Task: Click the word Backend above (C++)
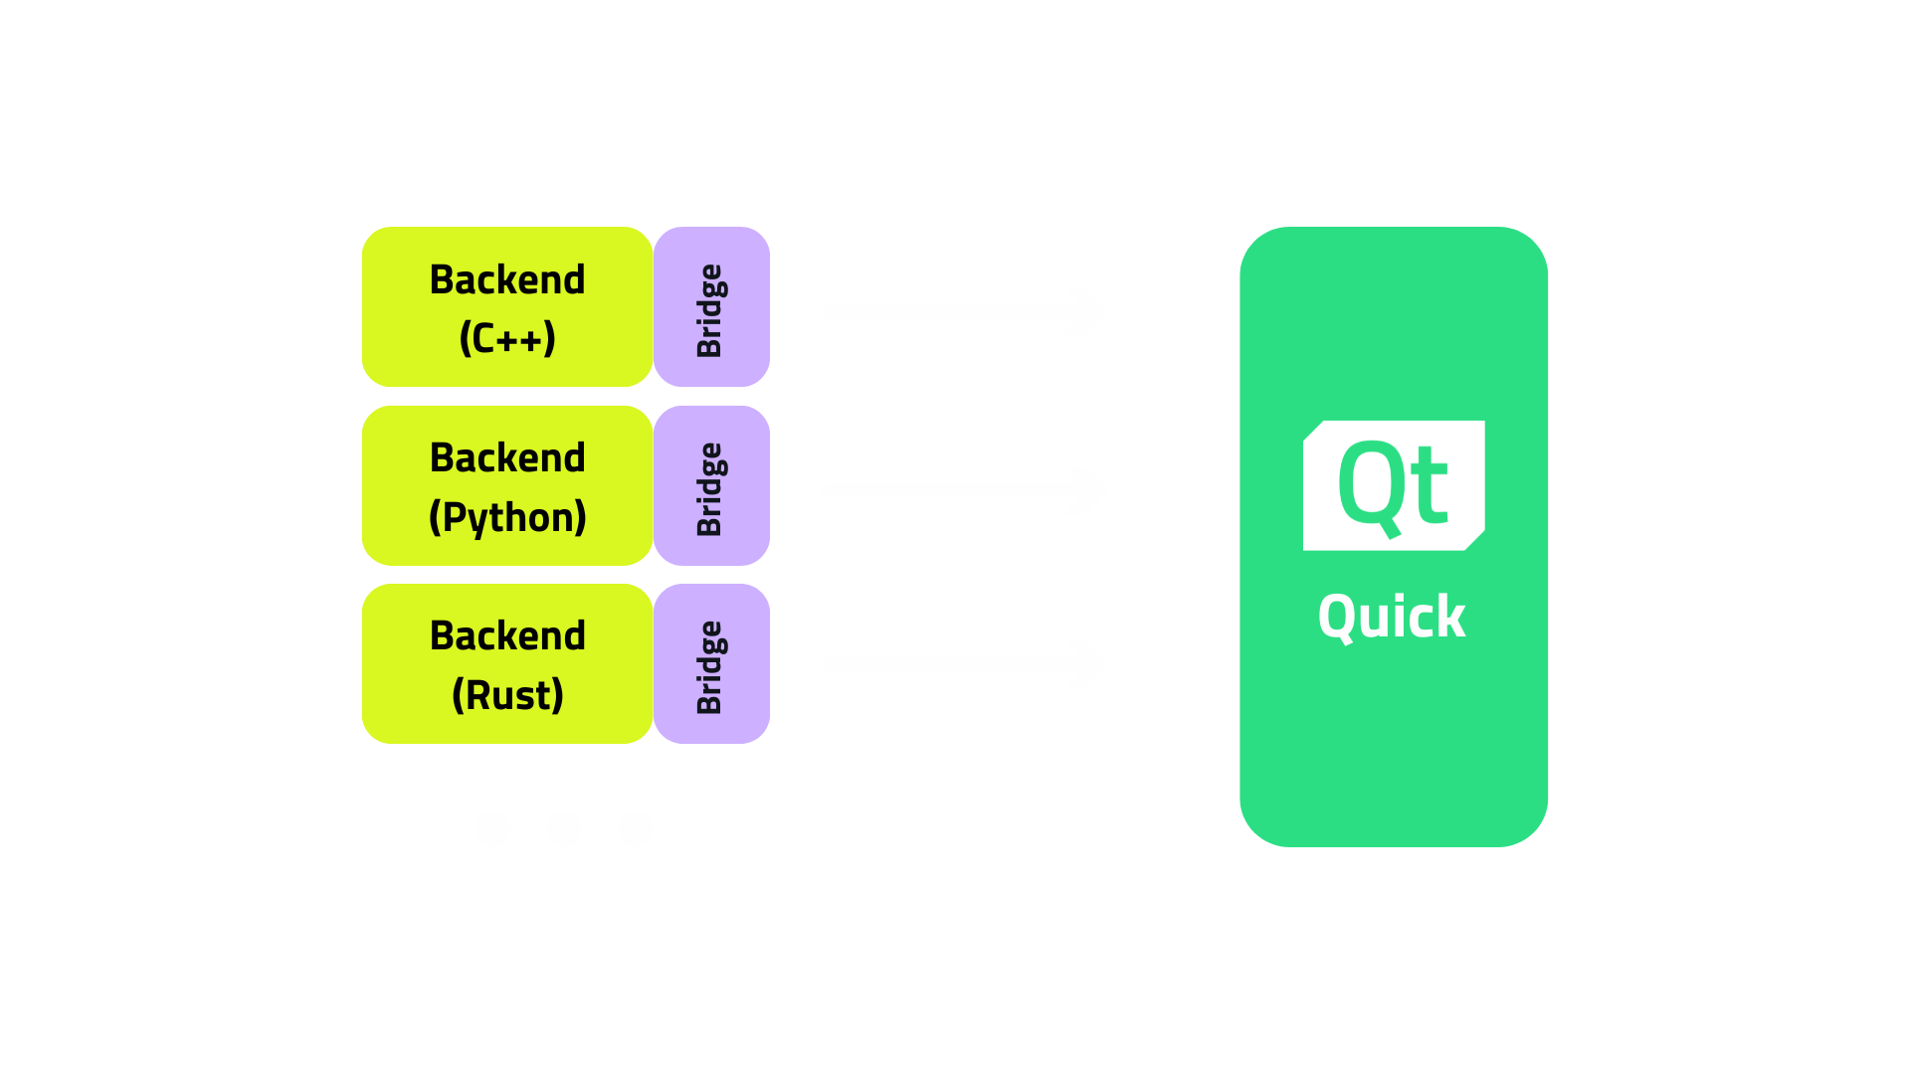pos(507,279)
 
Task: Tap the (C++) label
pos(507,338)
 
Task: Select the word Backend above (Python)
pos(507,457)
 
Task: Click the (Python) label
pos(507,517)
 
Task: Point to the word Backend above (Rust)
pos(507,635)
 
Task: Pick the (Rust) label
pos(507,694)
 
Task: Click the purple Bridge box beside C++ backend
pos(712,307)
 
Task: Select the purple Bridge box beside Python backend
pos(712,485)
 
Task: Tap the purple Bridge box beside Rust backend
pos(712,663)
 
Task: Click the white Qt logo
pos(1393,485)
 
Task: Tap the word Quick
pos(1391,617)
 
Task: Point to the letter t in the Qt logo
pos(1431,487)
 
